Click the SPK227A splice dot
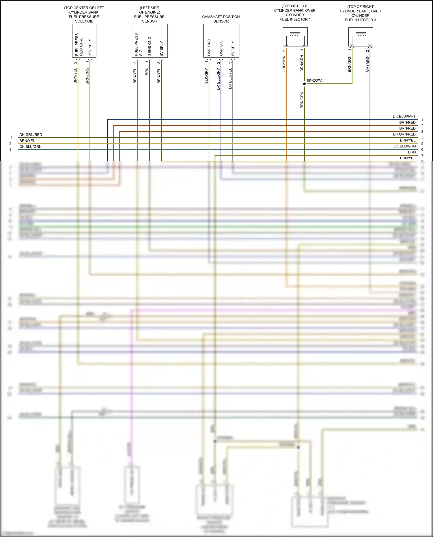(x=304, y=84)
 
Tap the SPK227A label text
(x=314, y=81)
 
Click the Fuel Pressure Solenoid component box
(x=84, y=41)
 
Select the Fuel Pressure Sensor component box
(x=150, y=41)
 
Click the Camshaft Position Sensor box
(x=221, y=41)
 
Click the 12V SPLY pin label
(x=90, y=47)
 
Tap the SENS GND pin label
(x=150, y=46)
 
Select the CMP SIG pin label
(x=221, y=48)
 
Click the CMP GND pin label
(x=209, y=47)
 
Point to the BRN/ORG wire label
(x=87, y=76)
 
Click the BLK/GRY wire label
(x=206, y=76)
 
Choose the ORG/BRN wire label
(x=284, y=64)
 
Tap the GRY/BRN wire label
(x=367, y=64)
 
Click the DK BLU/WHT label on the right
(x=404, y=116)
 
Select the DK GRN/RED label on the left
(x=31, y=135)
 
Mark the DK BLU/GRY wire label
(x=219, y=79)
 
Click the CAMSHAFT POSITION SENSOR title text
(x=221, y=19)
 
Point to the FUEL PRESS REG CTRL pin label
(x=79, y=45)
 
